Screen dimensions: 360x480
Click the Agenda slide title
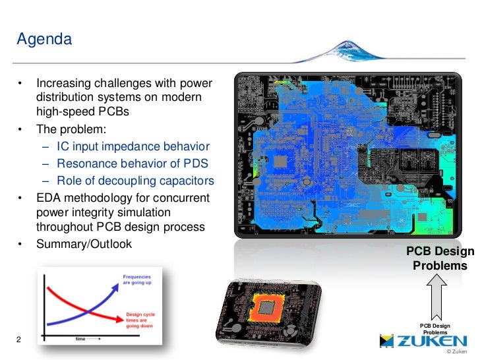[44, 40]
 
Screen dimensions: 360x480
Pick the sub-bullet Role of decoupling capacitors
[135, 181]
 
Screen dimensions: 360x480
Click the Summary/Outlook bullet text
[84, 244]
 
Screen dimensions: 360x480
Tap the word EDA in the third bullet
[49, 198]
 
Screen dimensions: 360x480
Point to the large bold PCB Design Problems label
[440, 258]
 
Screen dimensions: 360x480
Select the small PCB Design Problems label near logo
[435, 328]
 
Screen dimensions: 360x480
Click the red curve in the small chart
[73, 299]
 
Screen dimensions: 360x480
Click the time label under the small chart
[80, 339]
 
